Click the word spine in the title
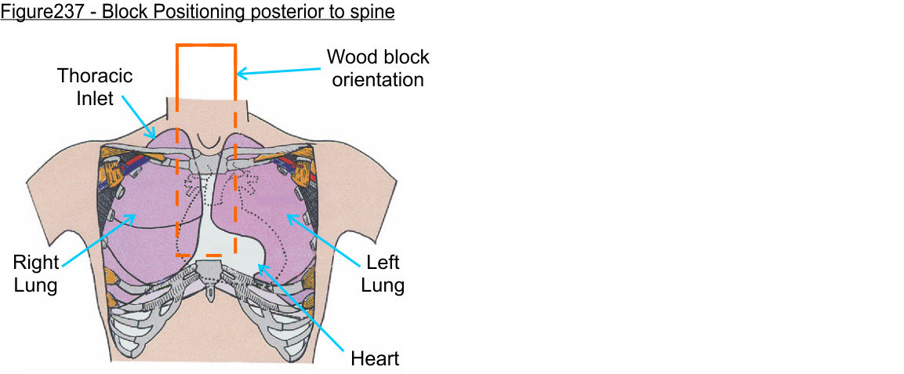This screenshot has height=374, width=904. pos(370,13)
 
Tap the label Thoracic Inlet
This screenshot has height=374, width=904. pos(95,88)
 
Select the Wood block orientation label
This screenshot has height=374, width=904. pos(378,68)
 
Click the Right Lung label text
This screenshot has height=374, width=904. pos(35,273)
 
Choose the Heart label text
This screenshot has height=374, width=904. pos(375,359)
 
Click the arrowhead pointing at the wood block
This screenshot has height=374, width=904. pos(241,74)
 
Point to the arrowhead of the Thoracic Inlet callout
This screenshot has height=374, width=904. pos(156,137)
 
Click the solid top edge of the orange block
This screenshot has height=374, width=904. pos(206,46)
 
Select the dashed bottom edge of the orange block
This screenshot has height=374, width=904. pos(206,256)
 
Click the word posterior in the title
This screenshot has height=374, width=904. pos(284,13)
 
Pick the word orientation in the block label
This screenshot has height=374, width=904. pos(378,79)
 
